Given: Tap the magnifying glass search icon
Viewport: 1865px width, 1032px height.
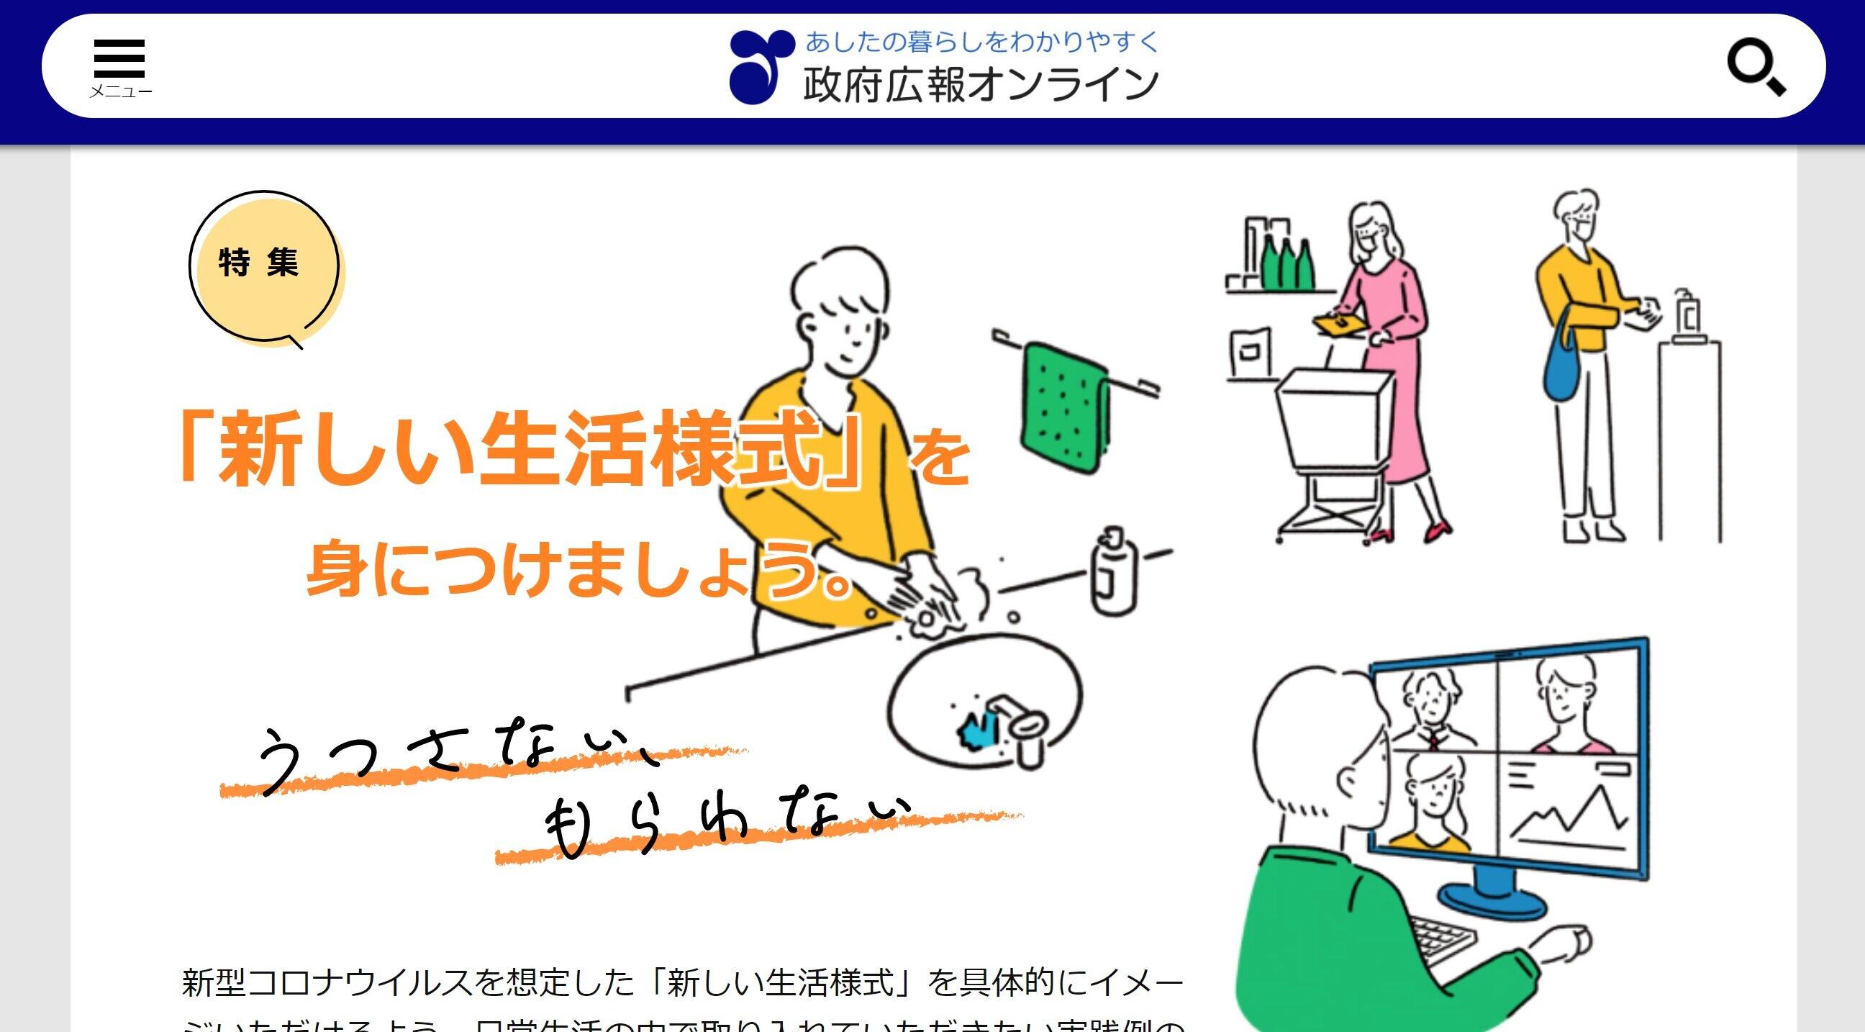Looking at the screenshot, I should [1756, 68].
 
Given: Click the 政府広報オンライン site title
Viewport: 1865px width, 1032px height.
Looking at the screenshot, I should [981, 85].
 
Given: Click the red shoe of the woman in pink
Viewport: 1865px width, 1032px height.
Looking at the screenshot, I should [1437, 533].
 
